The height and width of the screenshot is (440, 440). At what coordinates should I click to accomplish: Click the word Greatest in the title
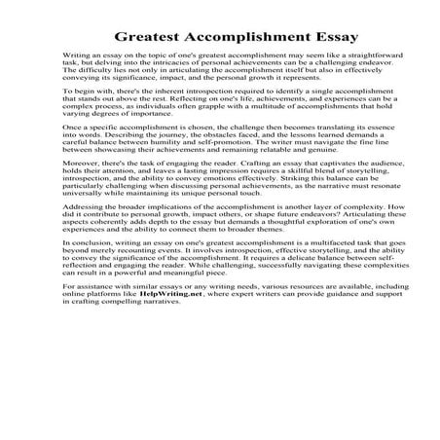pos(155,39)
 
